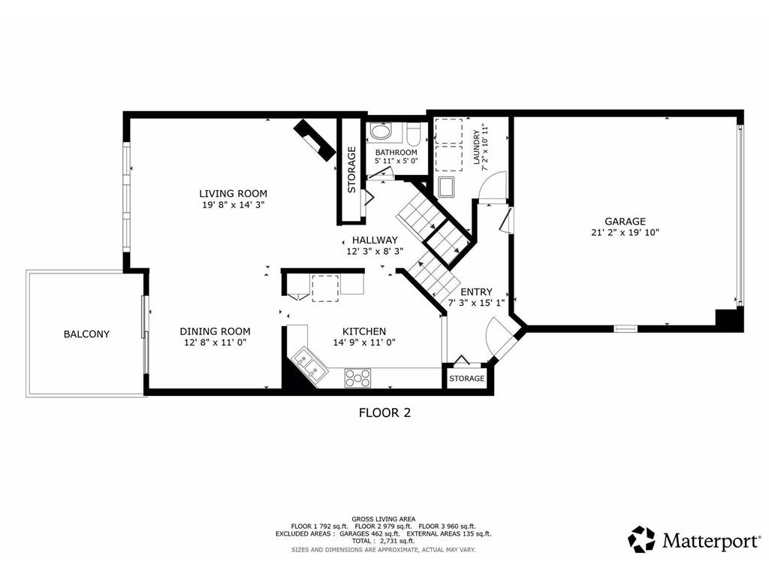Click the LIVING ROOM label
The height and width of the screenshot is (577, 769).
pyautogui.click(x=233, y=193)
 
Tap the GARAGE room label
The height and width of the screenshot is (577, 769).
pyautogui.click(x=626, y=222)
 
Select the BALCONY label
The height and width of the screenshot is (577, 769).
pyautogui.click(x=86, y=334)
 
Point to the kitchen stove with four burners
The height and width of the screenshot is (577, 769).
pyautogui.click(x=358, y=377)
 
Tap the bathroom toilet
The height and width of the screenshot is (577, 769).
pyautogui.click(x=413, y=135)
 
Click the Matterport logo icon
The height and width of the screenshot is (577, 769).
pyautogui.click(x=641, y=539)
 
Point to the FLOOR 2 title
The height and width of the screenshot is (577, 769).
pyautogui.click(x=384, y=412)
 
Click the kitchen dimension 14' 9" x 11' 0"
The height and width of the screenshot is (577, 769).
pyautogui.click(x=364, y=343)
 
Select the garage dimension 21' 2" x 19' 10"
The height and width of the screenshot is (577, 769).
pyautogui.click(x=626, y=233)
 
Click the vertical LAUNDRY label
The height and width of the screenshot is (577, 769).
pyautogui.click(x=476, y=148)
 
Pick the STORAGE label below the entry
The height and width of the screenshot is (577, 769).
pyautogui.click(x=466, y=379)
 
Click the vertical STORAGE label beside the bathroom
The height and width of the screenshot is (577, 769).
pyautogui.click(x=351, y=170)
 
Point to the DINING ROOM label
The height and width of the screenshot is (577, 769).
pyautogui.click(x=215, y=331)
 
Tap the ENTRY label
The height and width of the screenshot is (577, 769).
pyautogui.click(x=476, y=292)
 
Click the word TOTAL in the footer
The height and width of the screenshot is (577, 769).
pyautogui.click(x=364, y=541)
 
